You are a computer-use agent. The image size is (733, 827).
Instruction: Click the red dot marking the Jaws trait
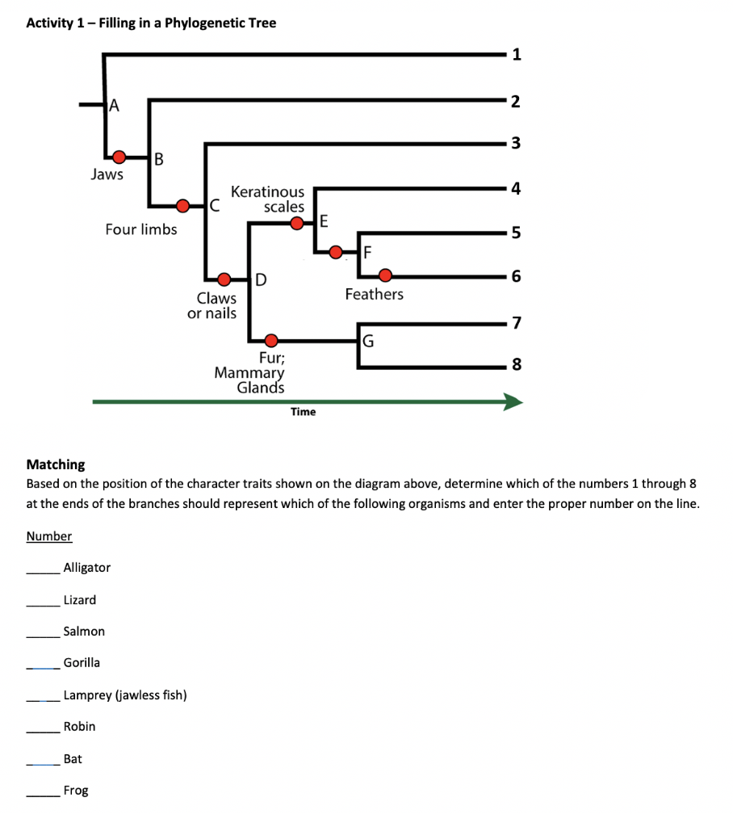(119, 156)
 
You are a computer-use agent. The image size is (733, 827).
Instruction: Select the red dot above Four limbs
(183, 205)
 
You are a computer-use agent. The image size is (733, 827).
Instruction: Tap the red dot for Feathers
(386, 275)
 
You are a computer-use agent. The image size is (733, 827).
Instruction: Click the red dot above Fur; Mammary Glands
(272, 339)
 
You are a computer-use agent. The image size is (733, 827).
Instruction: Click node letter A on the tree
(114, 104)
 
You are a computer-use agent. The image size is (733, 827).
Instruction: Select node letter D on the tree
(260, 280)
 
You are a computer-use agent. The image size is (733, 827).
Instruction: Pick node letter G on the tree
(368, 338)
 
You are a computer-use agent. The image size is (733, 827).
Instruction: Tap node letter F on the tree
(367, 252)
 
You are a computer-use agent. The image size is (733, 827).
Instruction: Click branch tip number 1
(517, 55)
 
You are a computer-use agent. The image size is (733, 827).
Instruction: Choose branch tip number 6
(517, 276)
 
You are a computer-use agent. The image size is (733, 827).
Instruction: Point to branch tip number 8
(517, 365)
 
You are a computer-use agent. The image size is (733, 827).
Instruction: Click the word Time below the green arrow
(303, 412)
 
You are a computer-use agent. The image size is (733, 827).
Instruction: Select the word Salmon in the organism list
(84, 632)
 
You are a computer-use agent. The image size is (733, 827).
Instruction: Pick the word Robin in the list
(79, 727)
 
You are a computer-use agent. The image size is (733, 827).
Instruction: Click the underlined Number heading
(49, 536)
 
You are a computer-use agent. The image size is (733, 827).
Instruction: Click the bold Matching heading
(56, 464)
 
